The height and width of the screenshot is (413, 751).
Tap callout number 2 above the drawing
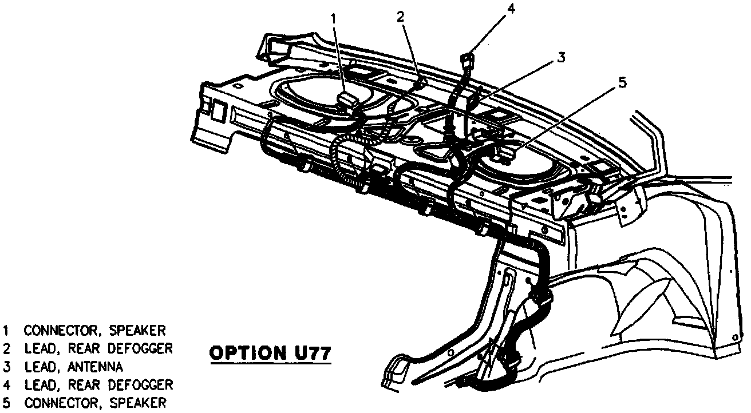point(401,17)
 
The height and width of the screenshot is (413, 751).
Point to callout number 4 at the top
point(511,7)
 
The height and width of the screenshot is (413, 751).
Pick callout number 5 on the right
point(623,82)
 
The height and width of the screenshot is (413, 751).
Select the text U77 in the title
point(309,352)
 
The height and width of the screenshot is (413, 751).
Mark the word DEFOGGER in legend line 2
point(140,348)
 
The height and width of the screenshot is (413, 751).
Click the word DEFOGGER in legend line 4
point(140,385)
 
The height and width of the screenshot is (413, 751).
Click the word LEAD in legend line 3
point(41,367)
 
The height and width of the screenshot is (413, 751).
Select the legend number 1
point(6,330)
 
